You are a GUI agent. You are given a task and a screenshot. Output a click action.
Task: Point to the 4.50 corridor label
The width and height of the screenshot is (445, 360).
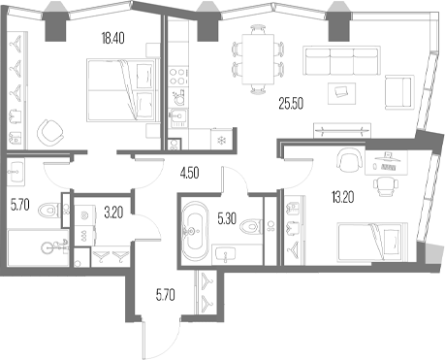[x=190, y=175]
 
